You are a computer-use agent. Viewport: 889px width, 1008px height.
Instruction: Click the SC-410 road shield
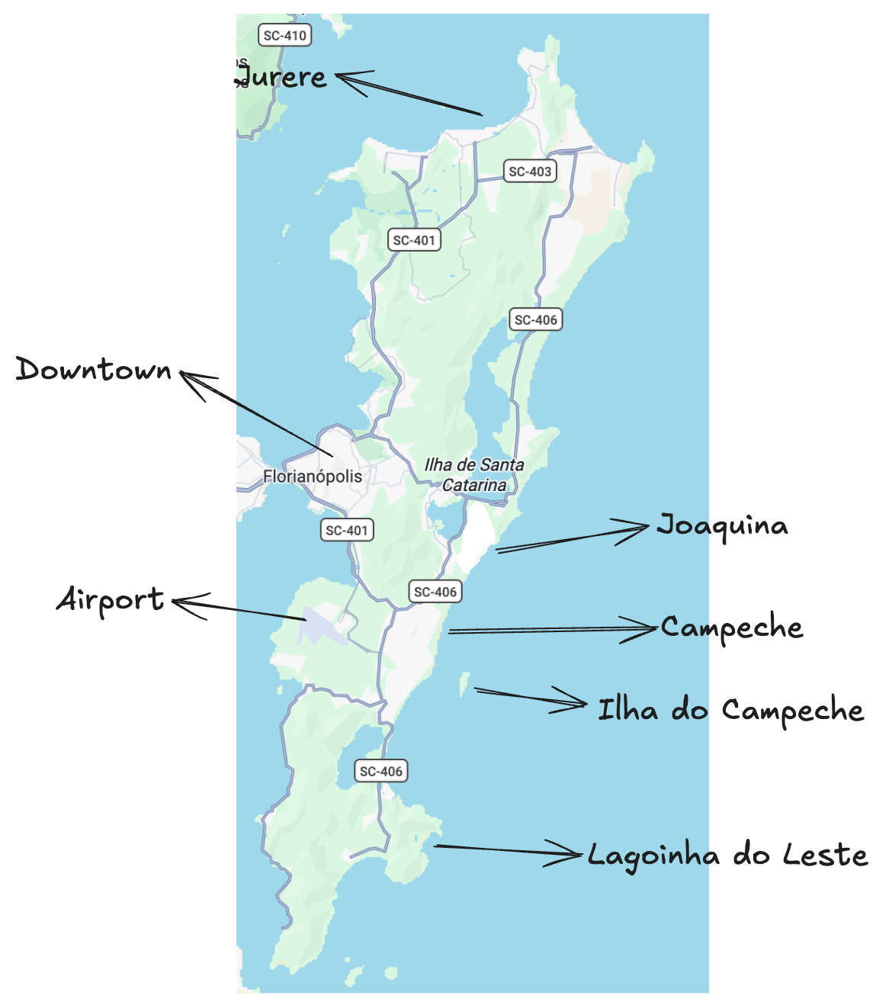(284, 35)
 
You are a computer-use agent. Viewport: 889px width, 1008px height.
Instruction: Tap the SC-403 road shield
(530, 172)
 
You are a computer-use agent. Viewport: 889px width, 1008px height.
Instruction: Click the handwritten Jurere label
(281, 77)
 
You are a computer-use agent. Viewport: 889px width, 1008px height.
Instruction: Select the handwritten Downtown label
(95, 371)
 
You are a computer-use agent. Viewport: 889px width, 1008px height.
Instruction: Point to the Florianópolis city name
(313, 477)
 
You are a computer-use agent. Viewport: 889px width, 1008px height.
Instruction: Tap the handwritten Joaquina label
(722, 526)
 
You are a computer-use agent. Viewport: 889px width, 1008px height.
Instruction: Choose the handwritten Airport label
(111, 600)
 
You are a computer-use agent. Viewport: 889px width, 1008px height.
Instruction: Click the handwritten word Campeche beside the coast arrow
(732, 628)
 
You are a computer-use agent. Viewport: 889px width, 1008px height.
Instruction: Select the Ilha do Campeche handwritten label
(730, 711)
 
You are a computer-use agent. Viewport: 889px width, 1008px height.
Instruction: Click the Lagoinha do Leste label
(727, 856)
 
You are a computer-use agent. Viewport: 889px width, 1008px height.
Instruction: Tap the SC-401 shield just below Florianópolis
(347, 530)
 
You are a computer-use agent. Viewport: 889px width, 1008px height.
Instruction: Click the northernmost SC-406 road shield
(535, 319)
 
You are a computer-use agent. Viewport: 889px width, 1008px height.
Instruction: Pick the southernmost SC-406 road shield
(381, 771)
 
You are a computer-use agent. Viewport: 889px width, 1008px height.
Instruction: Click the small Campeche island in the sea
(464, 683)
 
